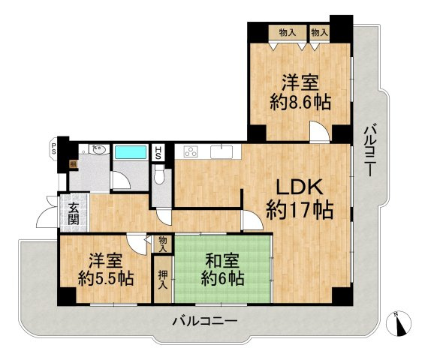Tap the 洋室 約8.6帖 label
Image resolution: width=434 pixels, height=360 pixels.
tap(300, 91)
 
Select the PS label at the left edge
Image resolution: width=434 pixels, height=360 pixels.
tap(53, 148)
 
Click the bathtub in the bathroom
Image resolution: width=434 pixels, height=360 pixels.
tap(131, 153)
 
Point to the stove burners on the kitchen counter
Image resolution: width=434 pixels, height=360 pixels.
tap(190, 152)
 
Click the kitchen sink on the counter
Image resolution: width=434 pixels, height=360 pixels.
tap(221, 152)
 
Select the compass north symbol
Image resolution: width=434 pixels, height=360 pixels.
tap(399, 323)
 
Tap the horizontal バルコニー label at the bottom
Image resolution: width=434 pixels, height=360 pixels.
tap(204, 320)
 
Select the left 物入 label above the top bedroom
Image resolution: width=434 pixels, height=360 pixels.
tap(286, 32)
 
